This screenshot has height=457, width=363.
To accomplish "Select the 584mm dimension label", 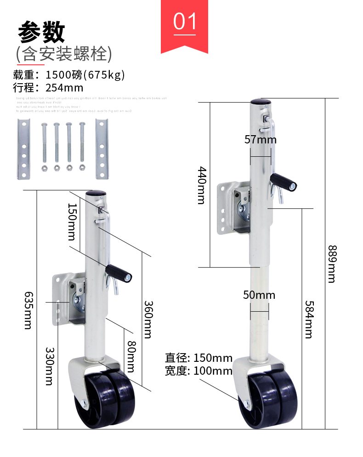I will point(308,319).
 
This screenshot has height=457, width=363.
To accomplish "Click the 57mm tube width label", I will point(260,139).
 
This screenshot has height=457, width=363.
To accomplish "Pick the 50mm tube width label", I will point(259,295).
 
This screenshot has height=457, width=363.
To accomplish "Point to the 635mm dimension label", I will point(28,310).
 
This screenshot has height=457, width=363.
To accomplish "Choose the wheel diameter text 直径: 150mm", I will point(199,358).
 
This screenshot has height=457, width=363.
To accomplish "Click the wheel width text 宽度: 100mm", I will point(199,371).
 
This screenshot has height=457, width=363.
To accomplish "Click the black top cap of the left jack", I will point(97,194).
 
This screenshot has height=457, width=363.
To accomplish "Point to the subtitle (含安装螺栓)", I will point(63,54).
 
